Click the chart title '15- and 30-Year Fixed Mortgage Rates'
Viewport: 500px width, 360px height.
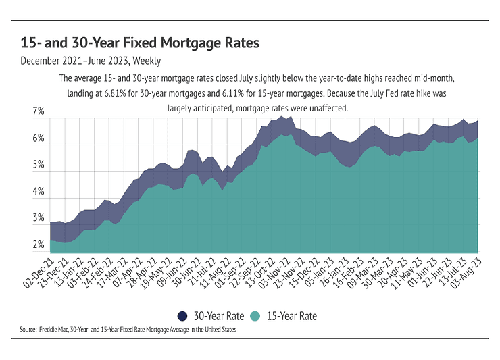click(x=140, y=43)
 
